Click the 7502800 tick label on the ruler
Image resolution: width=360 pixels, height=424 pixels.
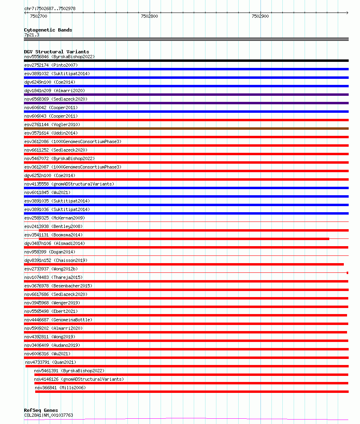(149, 16)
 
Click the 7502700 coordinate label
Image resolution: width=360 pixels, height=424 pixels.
(38, 16)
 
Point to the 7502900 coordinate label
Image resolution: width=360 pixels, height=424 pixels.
(260, 16)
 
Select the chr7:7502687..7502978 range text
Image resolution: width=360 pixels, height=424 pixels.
(50, 8)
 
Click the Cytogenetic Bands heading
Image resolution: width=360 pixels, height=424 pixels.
(48, 30)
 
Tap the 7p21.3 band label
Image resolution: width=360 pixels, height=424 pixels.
(32, 35)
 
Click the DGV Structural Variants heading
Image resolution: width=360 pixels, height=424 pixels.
(56, 52)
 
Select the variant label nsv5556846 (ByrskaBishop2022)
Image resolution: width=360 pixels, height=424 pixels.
(59, 57)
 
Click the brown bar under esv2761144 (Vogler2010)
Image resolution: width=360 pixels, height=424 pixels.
(186, 129)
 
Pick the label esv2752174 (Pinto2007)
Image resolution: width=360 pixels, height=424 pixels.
(51, 65)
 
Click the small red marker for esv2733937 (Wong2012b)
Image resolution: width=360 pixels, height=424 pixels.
(347, 273)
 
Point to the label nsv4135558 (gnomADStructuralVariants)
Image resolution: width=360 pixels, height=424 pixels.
(69, 184)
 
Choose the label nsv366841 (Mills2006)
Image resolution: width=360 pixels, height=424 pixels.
(60, 388)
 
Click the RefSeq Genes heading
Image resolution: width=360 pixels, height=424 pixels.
(41, 410)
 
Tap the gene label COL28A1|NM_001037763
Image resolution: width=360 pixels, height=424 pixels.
(49, 415)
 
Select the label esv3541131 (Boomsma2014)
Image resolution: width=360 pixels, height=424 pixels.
(53, 235)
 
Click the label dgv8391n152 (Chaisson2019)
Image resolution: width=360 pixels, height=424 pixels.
(55, 260)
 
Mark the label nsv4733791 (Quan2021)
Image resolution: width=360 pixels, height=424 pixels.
(51, 362)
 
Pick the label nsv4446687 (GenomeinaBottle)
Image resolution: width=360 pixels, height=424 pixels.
(58, 320)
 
